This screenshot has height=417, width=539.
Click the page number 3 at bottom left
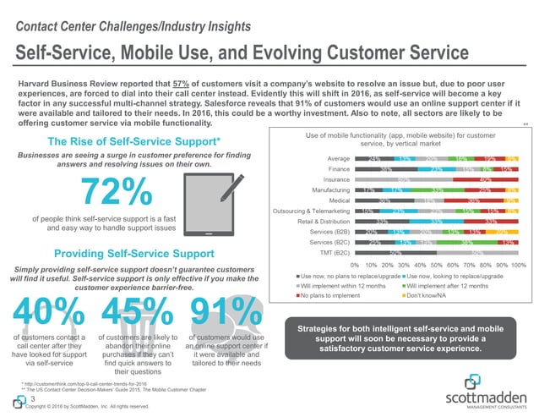tap(30, 398)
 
